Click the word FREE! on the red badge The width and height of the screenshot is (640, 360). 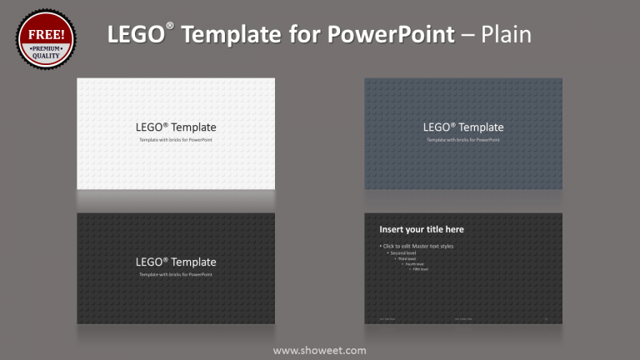[x=47, y=35]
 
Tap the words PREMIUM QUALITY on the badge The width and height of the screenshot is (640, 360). [x=47, y=52]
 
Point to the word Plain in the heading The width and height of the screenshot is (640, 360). [x=505, y=34]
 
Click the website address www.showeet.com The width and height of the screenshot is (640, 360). [x=319, y=350]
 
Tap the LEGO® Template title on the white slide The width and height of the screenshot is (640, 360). [x=176, y=127]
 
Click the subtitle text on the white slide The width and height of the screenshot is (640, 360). [x=176, y=140]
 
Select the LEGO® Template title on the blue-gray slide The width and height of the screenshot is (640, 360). [x=463, y=127]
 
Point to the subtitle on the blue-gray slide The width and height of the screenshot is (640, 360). [x=463, y=140]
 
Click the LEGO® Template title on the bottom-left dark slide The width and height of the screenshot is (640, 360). [x=176, y=262]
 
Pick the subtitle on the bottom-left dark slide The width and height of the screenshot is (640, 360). [x=176, y=274]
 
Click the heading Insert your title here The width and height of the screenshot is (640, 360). [x=422, y=229]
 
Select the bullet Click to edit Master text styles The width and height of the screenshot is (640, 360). [x=417, y=246]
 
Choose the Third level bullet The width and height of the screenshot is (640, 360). [x=407, y=258]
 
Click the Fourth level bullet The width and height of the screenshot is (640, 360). [x=414, y=264]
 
